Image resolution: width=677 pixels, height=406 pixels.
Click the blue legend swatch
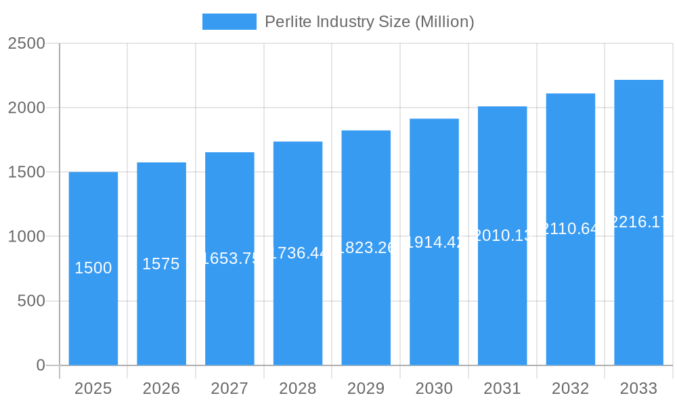tap(230, 22)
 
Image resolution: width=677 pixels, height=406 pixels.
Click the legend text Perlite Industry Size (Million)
tap(369, 22)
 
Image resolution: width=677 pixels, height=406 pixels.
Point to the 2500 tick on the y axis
tap(27, 43)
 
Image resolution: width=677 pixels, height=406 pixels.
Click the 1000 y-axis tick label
tap(27, 237)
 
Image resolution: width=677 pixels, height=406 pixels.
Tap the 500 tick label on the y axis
tap(31, 301)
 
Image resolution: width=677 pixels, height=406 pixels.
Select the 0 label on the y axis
tap(40, 365)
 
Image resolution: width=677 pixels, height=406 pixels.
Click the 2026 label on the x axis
tap(161, 388)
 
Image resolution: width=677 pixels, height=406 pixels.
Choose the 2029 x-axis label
tap(366, 388)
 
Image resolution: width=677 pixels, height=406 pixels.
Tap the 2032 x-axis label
tap(570, 388)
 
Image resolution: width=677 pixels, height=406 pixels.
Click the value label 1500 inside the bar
tap(93, 268)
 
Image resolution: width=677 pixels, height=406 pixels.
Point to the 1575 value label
tap(161, 264)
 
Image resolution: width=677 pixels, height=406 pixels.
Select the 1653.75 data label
tap(230, 258)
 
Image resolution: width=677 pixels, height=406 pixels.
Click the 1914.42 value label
tap(434, 242)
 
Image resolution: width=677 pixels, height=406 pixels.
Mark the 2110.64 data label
tap(570, 229)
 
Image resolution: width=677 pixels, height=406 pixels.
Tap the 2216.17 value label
tap(638, 222)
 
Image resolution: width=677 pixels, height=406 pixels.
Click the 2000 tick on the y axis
tap(27, 108)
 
